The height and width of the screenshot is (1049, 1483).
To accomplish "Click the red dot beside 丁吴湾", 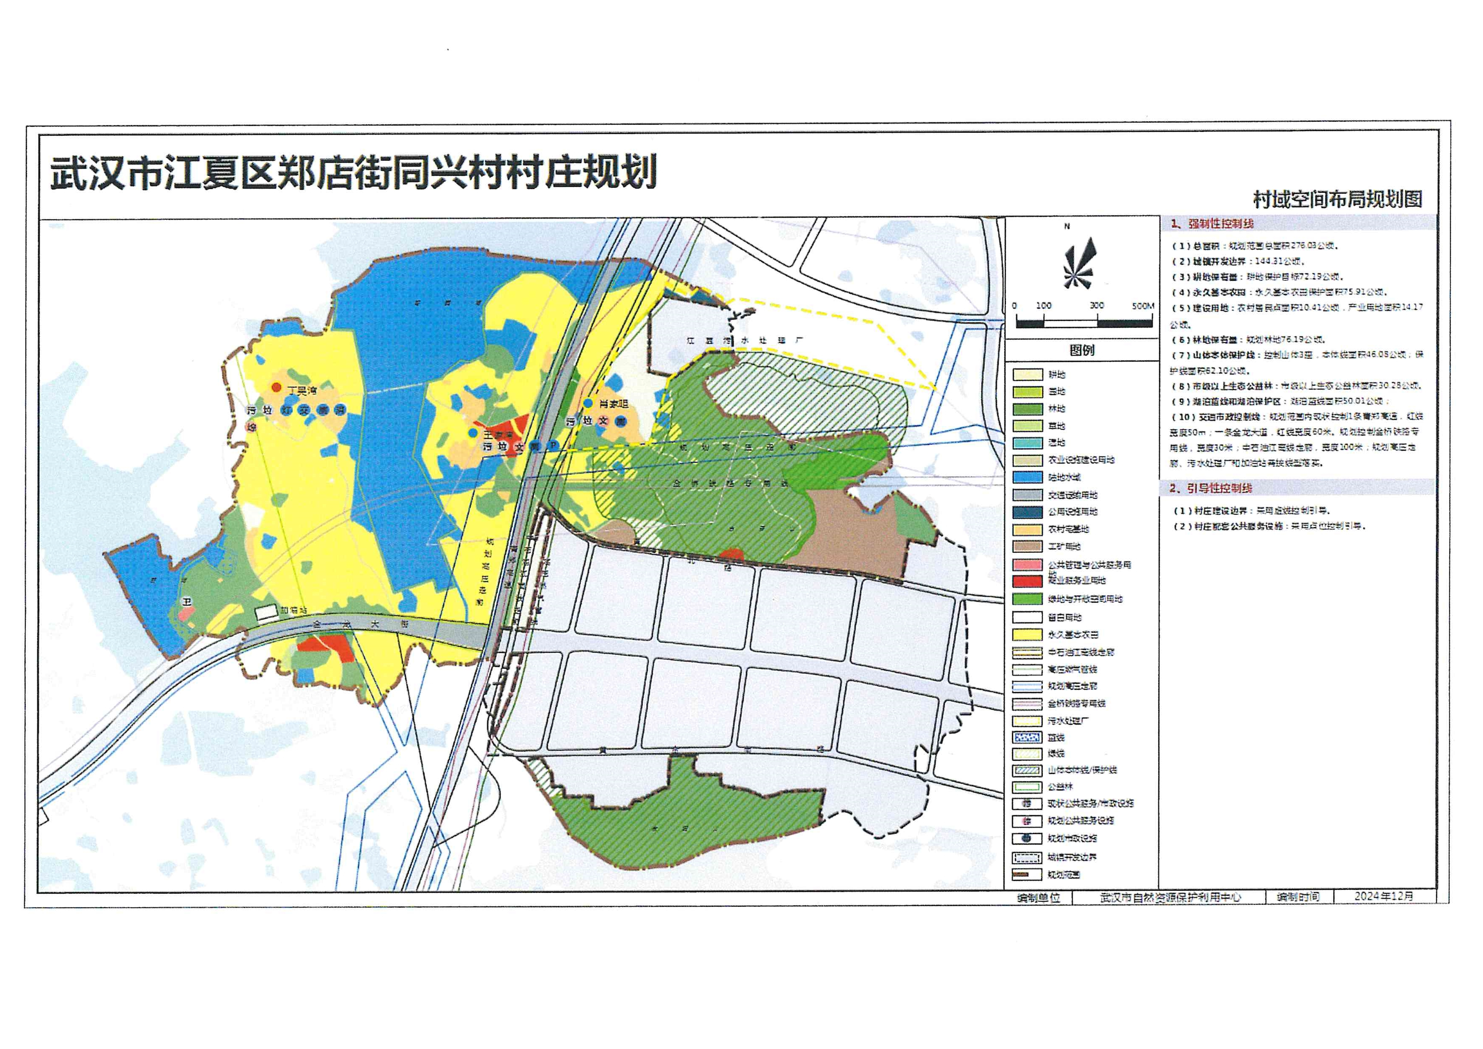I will (277, 387).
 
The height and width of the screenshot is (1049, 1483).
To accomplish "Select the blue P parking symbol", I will (553, 446).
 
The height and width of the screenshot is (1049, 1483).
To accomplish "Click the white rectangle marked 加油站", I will (266, 611).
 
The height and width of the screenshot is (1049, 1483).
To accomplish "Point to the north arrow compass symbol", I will (1080, 265).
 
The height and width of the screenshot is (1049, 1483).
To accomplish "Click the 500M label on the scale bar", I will (1142, 305).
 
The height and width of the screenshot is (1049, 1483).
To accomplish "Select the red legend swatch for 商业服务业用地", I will (1027, 581).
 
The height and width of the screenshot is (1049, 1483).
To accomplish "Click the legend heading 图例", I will (1082, 350).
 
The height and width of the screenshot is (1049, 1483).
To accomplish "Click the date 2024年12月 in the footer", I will (1384, 897).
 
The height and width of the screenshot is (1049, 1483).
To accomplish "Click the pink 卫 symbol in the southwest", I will (186, 602).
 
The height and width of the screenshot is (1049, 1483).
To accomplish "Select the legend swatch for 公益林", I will (1027, 787).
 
